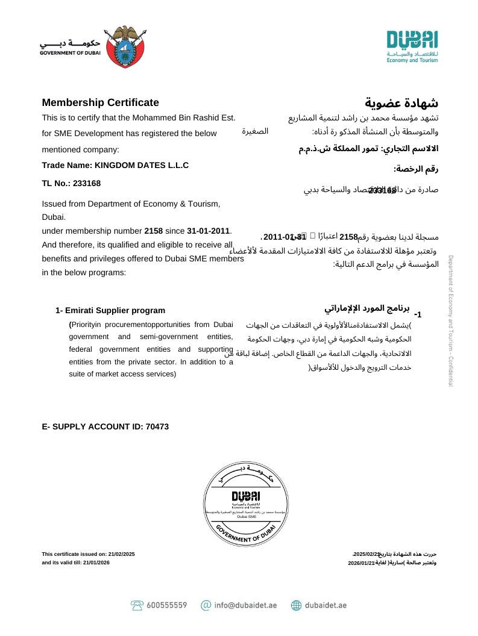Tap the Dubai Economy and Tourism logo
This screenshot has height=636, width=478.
point(412,46)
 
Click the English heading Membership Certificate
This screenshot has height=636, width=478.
point(100,102)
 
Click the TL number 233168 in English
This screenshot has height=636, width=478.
point(88,183)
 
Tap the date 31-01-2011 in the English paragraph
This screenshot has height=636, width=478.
point(209,231)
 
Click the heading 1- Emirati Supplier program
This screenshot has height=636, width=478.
point(110,311)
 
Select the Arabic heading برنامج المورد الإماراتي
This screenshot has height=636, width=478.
point(367,308)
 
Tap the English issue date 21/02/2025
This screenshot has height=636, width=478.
point(122,554)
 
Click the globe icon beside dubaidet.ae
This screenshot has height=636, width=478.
point(296,605)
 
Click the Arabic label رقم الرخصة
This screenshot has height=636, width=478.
point(416,170)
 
